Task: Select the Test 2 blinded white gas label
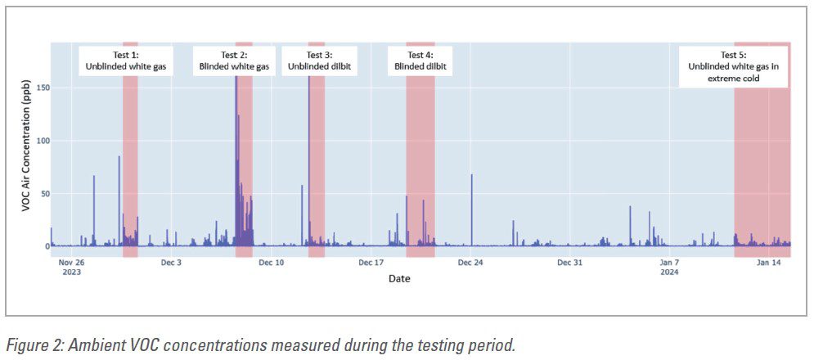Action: click(x=235, y=61)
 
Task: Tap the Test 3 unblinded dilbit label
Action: click(x=319, y=61)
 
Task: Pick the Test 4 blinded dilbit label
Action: click(x=420, y=61)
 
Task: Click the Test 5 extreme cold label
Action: click(x=734, y=66)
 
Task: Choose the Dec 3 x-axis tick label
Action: click(x=171, y=263)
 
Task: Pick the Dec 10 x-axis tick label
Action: click(x=271, y=263)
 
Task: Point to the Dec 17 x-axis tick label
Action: click(x=371, y=263)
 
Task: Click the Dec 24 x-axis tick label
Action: click(x=470, y=263)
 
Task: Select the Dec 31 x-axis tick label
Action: click(x=569, y=263)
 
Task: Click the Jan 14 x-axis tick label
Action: click(x=769, y=263)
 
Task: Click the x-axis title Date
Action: click(x=399, y=279)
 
